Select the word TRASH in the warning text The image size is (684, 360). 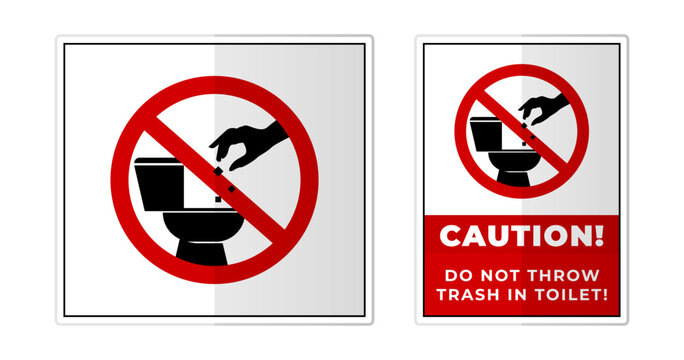[468, 294]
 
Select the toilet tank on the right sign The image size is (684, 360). [484, 131]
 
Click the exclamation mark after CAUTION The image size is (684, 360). [599, 236]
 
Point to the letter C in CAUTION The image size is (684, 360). [449, 236]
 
